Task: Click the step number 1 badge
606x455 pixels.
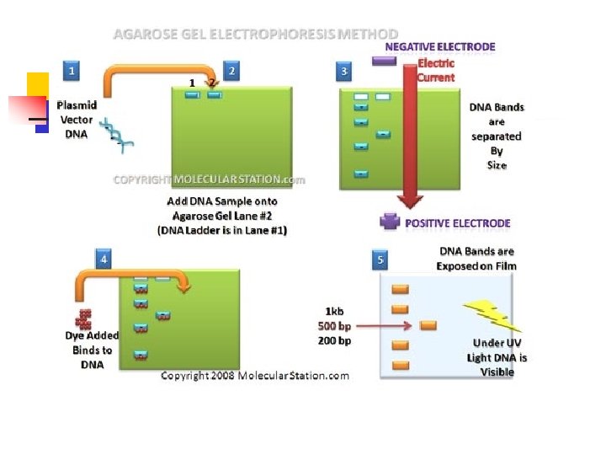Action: click(72, 71)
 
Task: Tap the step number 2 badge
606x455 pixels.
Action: click(231, 71)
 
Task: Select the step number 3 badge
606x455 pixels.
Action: click(344, 71)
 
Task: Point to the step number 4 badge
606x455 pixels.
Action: click(104, 260)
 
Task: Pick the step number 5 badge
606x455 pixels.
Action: click(382, 260)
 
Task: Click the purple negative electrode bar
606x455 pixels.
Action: click(384, 61)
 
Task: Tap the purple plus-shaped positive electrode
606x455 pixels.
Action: click(391, 222)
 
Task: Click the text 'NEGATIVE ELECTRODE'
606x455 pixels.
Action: click(440, 47)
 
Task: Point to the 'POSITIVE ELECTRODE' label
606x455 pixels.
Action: click(458, 223)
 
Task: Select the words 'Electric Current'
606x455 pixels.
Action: click(436, 70)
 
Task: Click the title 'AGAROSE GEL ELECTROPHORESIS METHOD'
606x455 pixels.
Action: click(256, 34)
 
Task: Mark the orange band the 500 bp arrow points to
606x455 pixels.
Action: click(428, 325)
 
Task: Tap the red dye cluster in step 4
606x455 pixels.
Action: click(84, 318)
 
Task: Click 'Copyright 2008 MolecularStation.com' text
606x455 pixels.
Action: click(255, 376)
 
